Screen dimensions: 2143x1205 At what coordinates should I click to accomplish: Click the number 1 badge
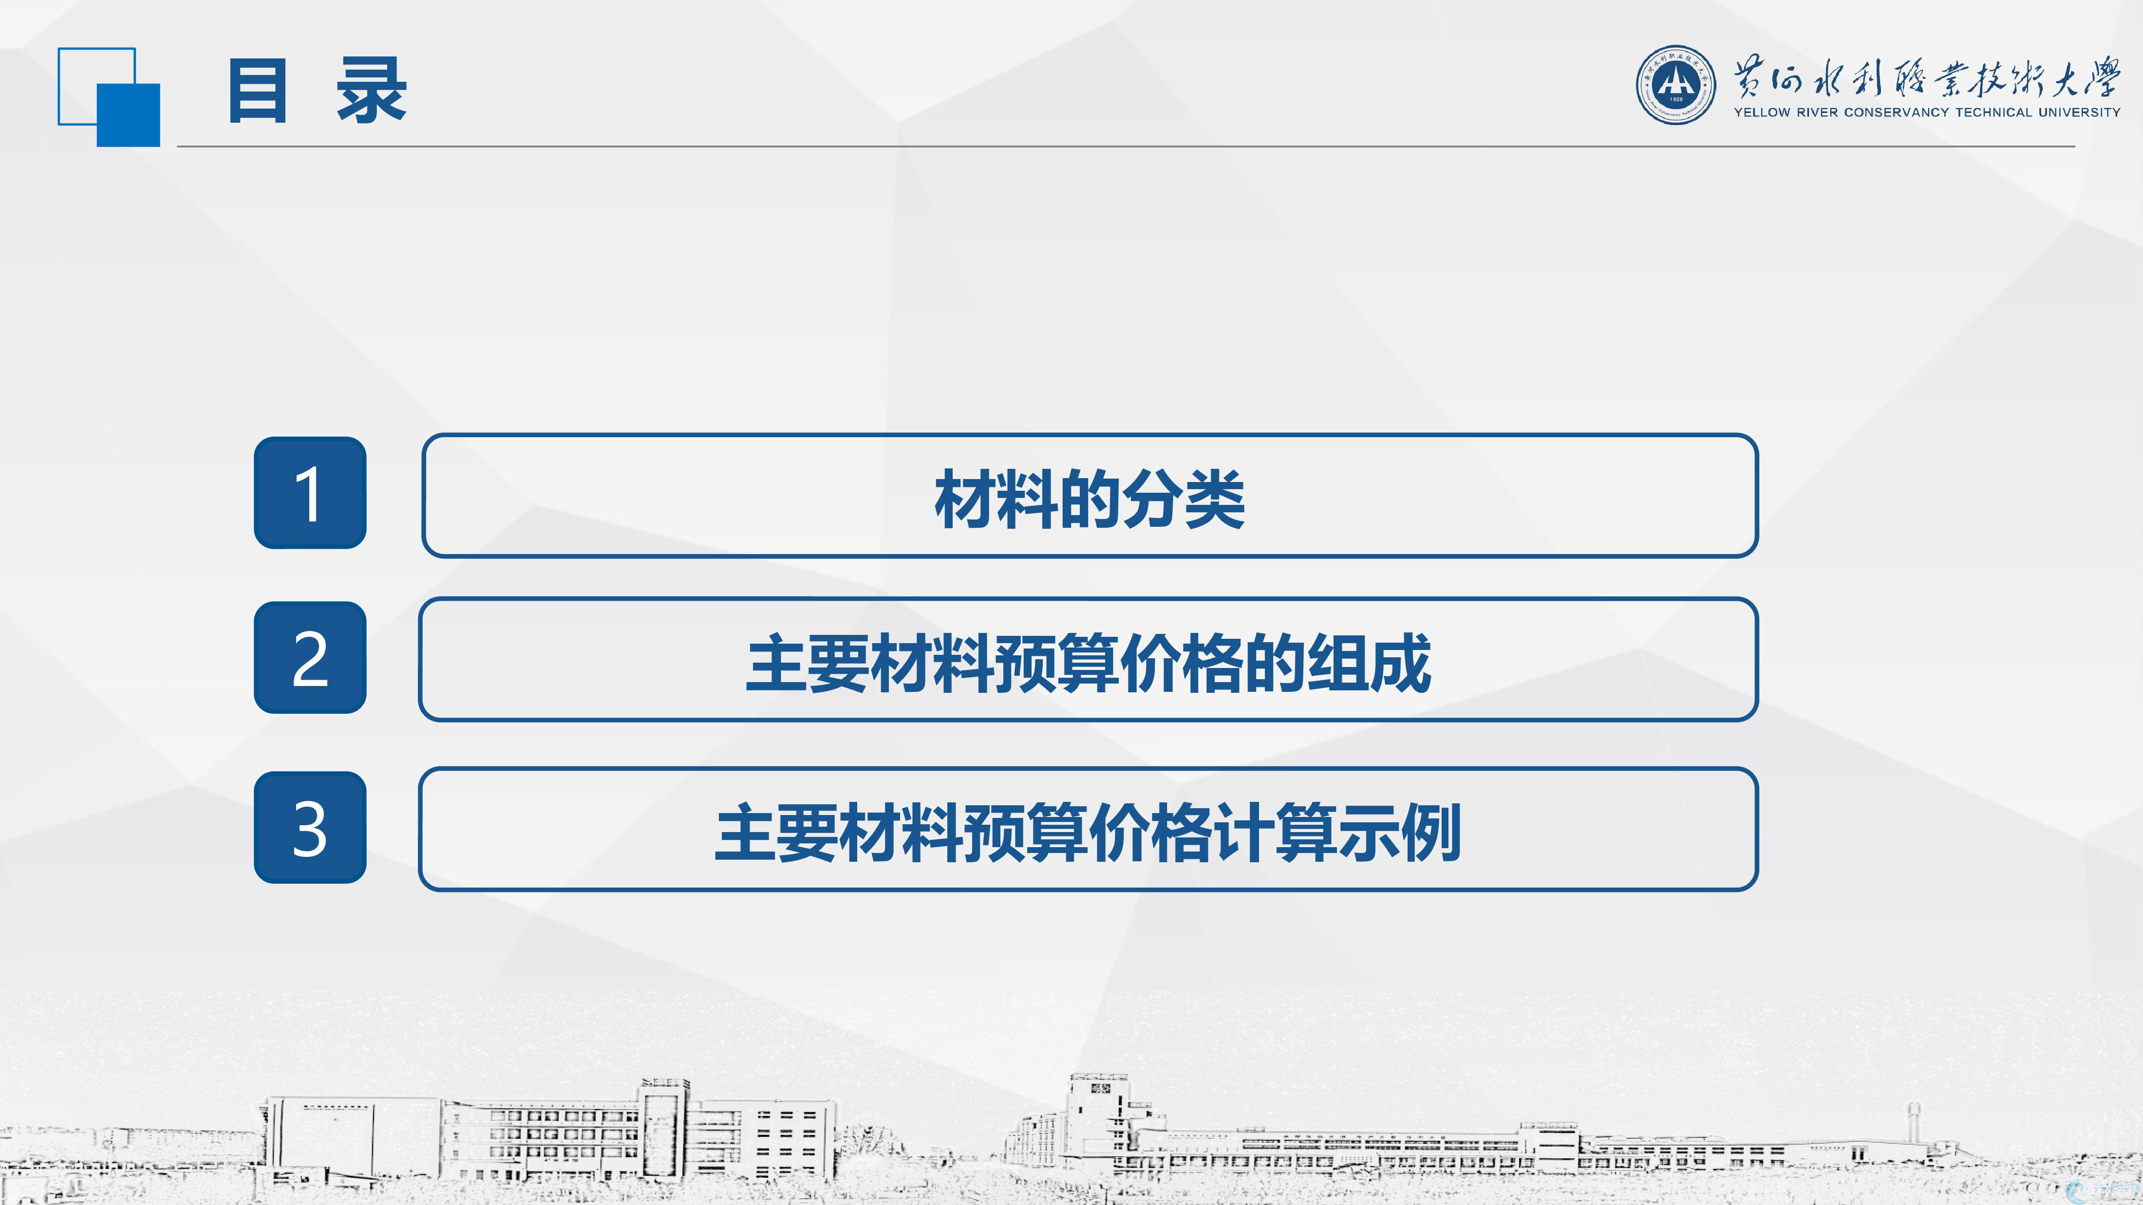pyautogui.click(x=309, y=492)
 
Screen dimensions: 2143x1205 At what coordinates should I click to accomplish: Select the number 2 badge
pyautogui.click(x=309, y=657)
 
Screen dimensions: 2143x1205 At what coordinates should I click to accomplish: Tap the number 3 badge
pyautogui.click(x=309, y=828)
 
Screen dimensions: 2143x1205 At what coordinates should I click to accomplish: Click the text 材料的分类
pyautogui.click(x=1090, y=499)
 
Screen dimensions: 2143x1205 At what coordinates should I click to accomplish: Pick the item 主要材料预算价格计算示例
pyautogui.click(x=1088, y=833)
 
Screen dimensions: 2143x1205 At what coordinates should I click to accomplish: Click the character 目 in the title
pyautogui.click(x=258, y=92)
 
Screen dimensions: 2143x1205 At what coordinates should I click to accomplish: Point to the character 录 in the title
pyautogui.click(x=372, y=92)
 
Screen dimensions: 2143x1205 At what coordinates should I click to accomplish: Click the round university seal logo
pyautogui.click(x=1675, y=85)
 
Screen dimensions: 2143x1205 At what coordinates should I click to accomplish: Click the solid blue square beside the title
pyautogui.click(x=128, y=115)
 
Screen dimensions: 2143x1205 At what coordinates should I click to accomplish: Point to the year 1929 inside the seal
pyautogui.click(x=1675, y=100)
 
